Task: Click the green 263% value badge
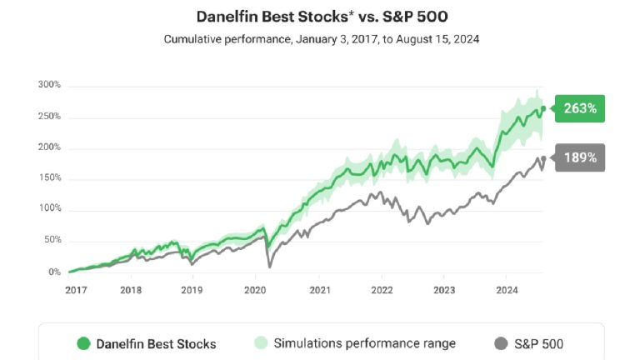coord(578,108)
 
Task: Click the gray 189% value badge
coord(578,157)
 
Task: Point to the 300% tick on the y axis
coord(49,85)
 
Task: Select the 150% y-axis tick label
coord(49,178)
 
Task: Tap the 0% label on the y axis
coord(54,272)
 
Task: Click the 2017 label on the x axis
coord(77,290)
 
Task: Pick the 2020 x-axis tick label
coord(255,290)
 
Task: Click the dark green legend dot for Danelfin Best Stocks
coord(83,343)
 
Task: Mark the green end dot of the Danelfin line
coord(543,108)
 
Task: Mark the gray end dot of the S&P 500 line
coord(543,158)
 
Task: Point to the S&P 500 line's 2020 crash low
coord(270,266)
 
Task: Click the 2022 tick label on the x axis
coord(381,290)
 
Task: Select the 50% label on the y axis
coord(52,241)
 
